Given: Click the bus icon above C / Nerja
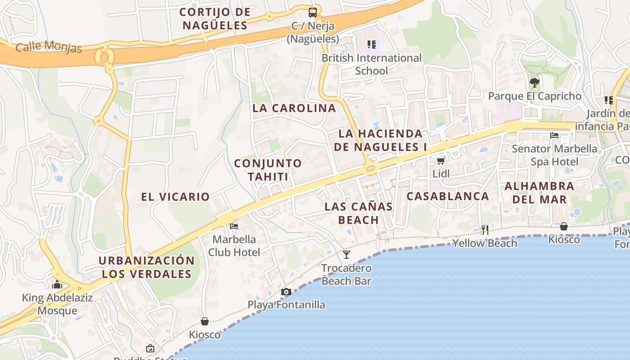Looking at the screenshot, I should click(x=313, y=13).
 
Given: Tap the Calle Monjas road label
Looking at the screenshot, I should click(x=49, y=47).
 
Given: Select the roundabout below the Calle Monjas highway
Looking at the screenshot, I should click(x=104, y=57).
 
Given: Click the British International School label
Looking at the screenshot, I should click(x=371, y=64).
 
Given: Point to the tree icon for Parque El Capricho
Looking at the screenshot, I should click(x=535, y=83).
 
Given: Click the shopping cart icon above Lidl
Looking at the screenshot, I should click(x=441, y=161).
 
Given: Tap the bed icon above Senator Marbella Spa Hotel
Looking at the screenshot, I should click(x=554, y=135).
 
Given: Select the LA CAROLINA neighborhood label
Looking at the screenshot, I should click(x=294, y=108).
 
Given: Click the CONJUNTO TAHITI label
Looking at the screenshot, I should click(x=268, y=170).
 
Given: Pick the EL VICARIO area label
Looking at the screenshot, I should click(x=175, y=197).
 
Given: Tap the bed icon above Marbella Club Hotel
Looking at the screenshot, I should click(x=234, y=226).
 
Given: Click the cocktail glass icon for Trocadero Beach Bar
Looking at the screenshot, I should click(x=346, y=255).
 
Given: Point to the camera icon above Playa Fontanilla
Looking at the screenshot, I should click(x=286, y=292).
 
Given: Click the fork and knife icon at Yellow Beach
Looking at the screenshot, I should click(x=485, y=230).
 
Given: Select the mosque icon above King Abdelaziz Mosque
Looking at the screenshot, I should click(x=57, y=284).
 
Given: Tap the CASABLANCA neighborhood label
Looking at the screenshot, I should click(x=448, y=196).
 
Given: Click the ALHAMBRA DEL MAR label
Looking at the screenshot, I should click(x=539, y=192).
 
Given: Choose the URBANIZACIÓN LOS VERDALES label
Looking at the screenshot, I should click(x=147, y=267).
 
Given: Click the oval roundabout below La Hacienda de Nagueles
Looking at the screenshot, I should click(x=370, y=169).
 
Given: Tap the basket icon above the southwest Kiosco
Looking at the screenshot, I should click(x=205, y=321).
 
